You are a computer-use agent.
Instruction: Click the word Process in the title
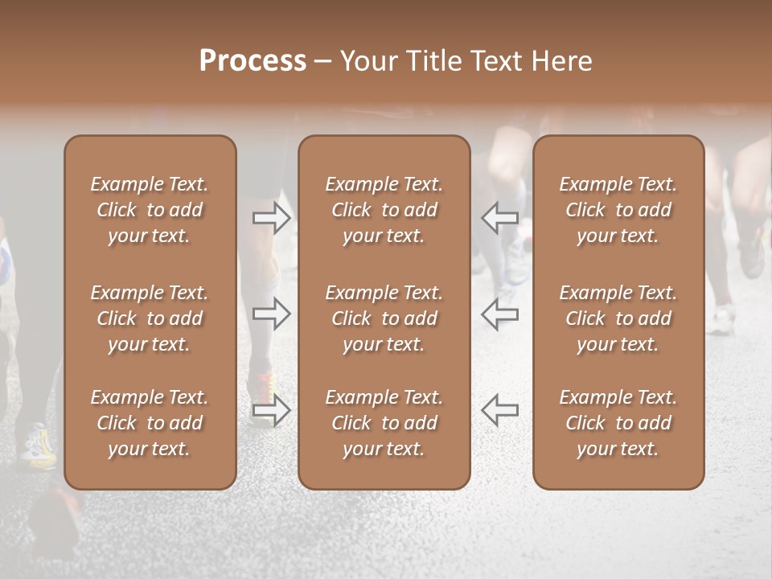[x=253, y=61]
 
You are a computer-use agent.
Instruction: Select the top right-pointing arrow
[x=271, y=217]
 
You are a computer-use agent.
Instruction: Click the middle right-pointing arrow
[x=271, y=314]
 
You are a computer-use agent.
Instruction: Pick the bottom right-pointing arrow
[x=271, y=410]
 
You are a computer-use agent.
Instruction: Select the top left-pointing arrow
[x=499, y=217]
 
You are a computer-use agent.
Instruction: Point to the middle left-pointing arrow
[x=499, y=314]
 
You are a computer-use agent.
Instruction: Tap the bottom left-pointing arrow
[x=499, y=410]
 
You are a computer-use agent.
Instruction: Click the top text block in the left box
[x=150, y=210]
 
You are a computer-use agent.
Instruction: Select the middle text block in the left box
[x=150, y=318]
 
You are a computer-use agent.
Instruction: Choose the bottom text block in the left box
[x=150, y=423]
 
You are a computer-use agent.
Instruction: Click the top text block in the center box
[x=384, y=210]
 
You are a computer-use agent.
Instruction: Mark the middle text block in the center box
[x=384, y=318]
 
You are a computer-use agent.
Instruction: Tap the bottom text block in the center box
[x=384, y=423]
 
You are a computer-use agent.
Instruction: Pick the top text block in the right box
[x=618, y=210]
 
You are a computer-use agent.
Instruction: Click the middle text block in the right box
[x=618, y=318]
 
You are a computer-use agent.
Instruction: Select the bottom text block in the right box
[x=618, y=423]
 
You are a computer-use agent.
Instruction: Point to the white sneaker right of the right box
[x=721, y=321]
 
